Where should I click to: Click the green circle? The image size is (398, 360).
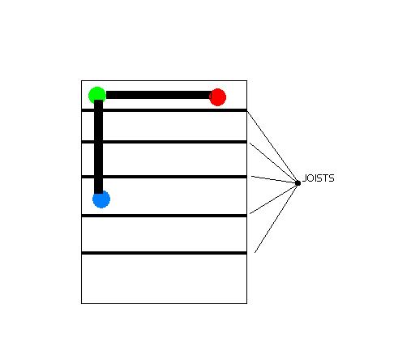click(97, 95)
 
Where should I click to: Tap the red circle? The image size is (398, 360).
click(217, 97)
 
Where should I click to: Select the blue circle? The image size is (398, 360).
click(101, 199)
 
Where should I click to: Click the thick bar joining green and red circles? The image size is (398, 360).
click(158, 95)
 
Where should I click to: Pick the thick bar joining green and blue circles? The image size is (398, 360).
click(99, 147)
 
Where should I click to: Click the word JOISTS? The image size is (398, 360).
click(319, 178)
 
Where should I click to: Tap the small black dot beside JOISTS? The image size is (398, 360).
click(297, 183)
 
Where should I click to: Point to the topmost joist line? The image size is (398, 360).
click(164, 110)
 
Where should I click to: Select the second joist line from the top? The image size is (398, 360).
click(164, 142)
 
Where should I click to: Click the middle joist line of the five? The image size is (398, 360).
click(164, 177)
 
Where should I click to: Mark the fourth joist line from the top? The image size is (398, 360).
click(164, 216)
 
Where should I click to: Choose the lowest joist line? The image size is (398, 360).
click(164, 253)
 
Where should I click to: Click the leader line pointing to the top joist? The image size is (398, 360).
click(272, 147)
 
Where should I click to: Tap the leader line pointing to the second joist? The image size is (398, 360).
click(274, 163)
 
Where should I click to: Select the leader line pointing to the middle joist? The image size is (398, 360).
click(275, 179)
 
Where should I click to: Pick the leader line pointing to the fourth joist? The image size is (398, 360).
click(274, 199)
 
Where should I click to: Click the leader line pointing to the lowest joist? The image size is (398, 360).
click(276, 218)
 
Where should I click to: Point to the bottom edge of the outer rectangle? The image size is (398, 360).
click(164, 303)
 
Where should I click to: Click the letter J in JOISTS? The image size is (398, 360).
click(304, 178)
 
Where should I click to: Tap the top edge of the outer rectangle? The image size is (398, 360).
click(164, 80)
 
